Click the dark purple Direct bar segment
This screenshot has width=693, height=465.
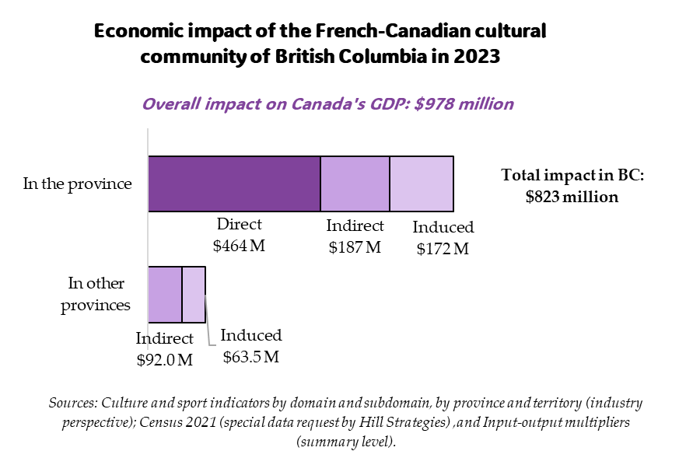coord(234,184)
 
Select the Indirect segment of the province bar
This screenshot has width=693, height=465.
coord(355,184)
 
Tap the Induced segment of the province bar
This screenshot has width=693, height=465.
coord(421,184)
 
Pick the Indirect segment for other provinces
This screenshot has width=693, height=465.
coord(165,295)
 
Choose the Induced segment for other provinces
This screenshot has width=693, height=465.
coord(194,295)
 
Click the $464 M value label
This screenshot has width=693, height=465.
coord(239,245)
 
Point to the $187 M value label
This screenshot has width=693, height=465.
coord(354,247)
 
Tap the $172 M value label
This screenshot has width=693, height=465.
coord(443,249)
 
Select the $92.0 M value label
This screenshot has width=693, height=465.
coord(164,359)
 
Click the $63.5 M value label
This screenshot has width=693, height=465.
coord(250,357)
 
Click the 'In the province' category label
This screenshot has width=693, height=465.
coord(77,184)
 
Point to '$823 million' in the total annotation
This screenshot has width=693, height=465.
coord(572,197)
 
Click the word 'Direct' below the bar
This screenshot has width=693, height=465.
coord(239,225)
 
